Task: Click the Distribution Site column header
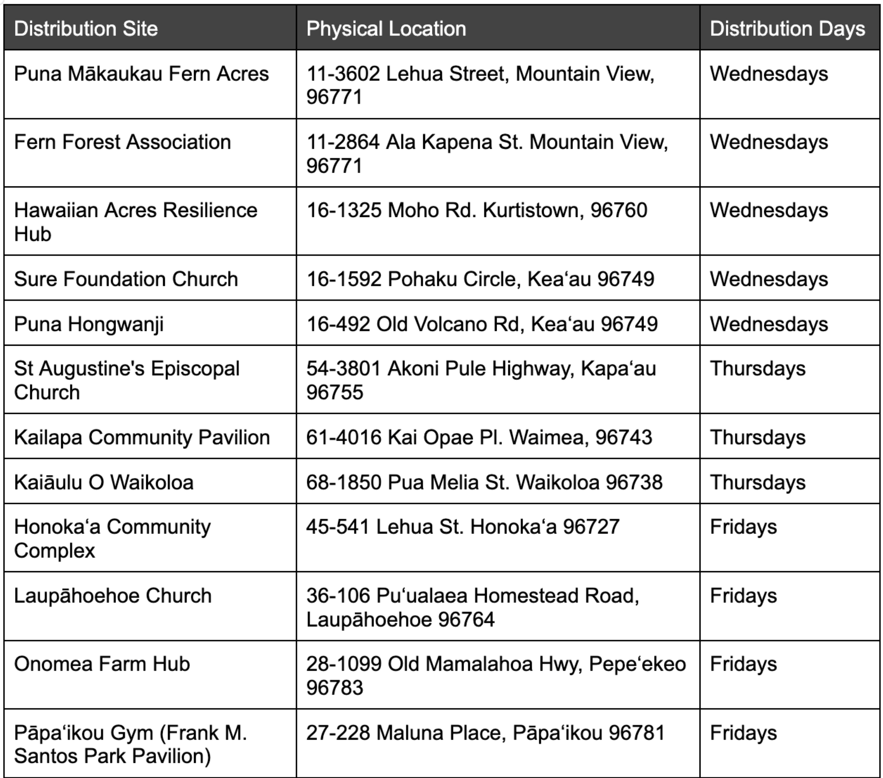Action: (x=86, y=28)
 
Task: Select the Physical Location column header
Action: (x=386, y=28)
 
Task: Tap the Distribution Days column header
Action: (x=787, y=28)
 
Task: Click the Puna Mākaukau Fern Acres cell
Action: (x=141, y=74)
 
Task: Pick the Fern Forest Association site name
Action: (x=122, y=142)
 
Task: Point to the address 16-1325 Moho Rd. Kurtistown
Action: (x=476, y=211)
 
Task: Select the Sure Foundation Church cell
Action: (x=126, y=279)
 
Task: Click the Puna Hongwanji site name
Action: (x=89, y=324)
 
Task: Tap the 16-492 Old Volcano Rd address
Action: (x=482, y=324)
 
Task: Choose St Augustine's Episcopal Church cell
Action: (x=127, y=380)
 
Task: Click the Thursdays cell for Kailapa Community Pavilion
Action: (x=758, y=437)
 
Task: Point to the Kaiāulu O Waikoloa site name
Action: (x=104, y=482)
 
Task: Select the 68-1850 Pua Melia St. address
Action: (x=484, y=482)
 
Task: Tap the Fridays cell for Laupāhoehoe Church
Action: (x=743, y=596)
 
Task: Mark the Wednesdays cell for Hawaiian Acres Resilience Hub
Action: (x=769, y=211)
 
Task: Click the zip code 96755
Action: (x=335, y=392)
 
